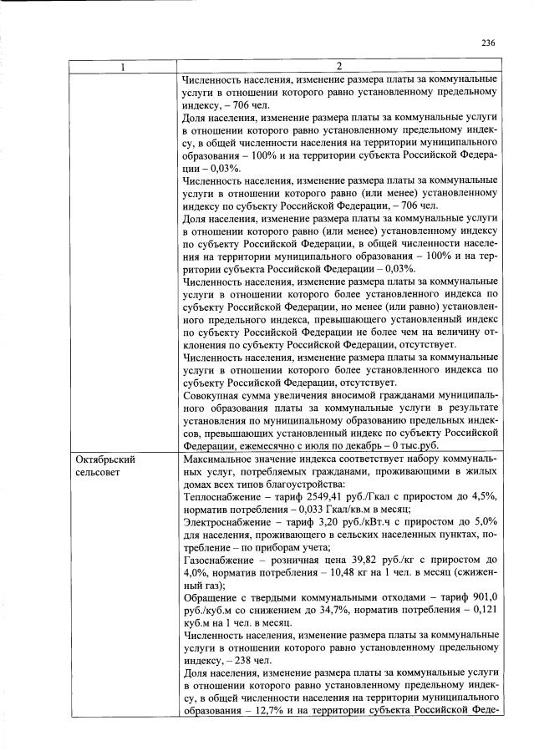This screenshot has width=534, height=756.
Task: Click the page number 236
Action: click(489, 44)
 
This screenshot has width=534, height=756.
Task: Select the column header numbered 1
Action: click(124, 66)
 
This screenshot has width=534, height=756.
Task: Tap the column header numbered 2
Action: click(339, 66)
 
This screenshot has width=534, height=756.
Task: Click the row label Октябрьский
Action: click(105, 459)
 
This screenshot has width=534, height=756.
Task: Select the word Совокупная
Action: click(212, 397)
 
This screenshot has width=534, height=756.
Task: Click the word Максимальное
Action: click(220, 459)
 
